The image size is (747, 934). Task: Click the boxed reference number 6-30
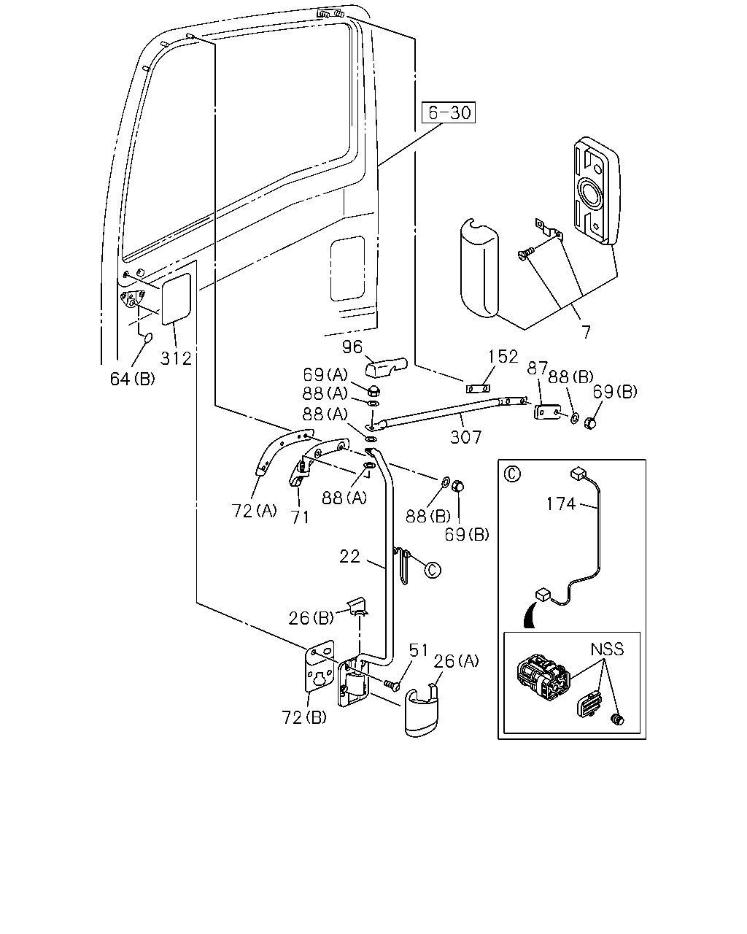[x=449, y=112]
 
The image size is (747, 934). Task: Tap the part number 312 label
[x=176, y=358]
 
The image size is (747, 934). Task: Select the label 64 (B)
[x=132, y=379]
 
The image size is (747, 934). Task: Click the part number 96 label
[x=352, y=347]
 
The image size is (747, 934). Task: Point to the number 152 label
[x=503, y=357]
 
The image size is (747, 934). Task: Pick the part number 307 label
[x=465, y=437]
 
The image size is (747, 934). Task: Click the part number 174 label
[x=561, y=504]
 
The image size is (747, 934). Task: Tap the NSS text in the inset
[x=607, y=649]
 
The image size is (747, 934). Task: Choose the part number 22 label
[x=350, y=557]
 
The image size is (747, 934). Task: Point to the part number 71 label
[x=301, y=517]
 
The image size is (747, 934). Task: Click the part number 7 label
[x=586, y=333]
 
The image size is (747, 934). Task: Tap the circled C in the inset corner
[x=512, y=474]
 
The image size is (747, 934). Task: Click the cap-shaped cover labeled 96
[x=386, y=367]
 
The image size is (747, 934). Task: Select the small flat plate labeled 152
[x=479, y=388]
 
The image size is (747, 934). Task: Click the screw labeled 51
[x=391, y=684]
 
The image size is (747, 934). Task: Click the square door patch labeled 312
[x=176, y=299]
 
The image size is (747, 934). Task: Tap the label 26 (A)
[x=457, y=661]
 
